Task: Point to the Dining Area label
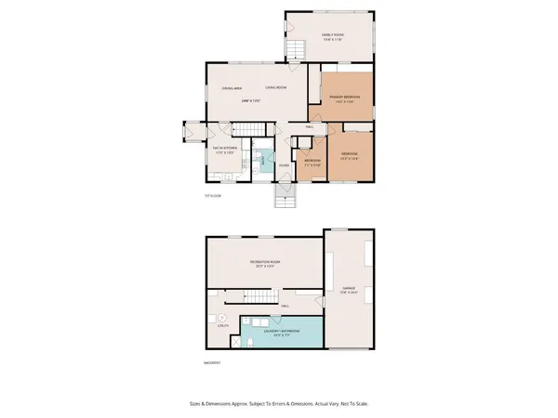232,88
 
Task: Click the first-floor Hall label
308,127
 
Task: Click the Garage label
349,289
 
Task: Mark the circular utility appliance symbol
221,315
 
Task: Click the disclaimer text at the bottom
278,405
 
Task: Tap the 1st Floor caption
213,196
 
